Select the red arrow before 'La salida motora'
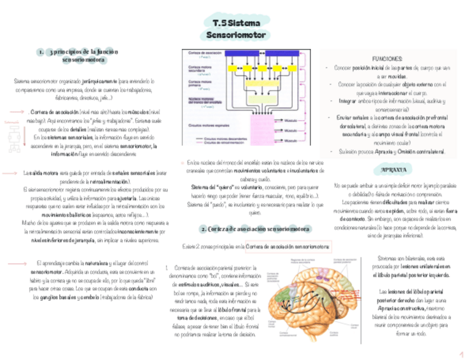click(x=10, y=173)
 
